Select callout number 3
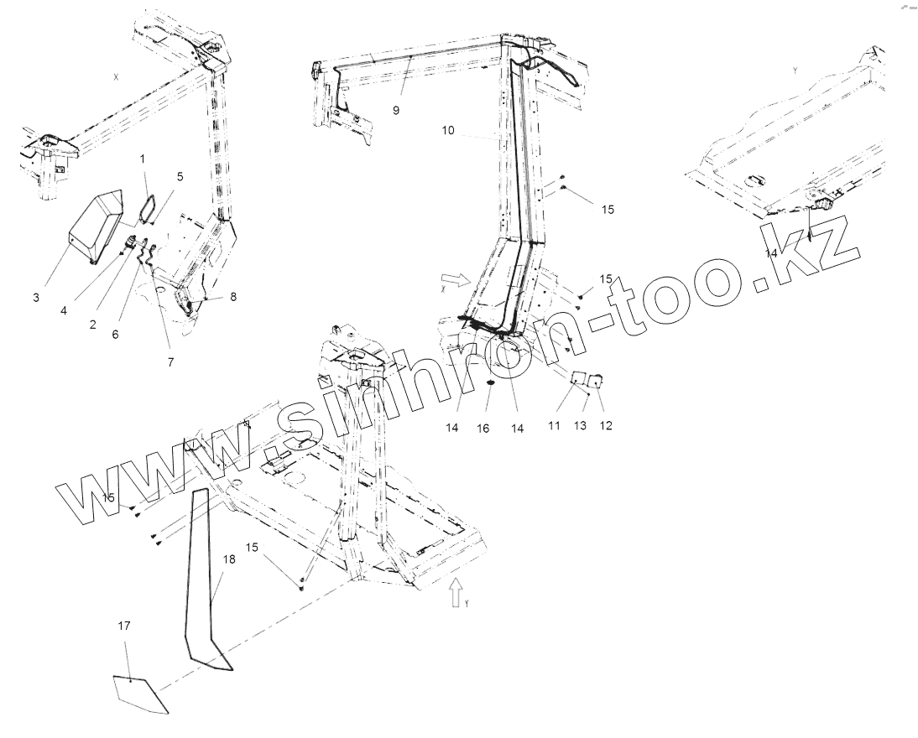coord(36,297)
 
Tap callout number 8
coord(232,296)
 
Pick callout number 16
coord(482,428)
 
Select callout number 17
coord(124,626)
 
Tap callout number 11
coord(554,426)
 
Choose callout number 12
coord(606,426)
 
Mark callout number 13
coord(580,426)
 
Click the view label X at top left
coord(117,75)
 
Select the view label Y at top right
coord(795,70)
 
